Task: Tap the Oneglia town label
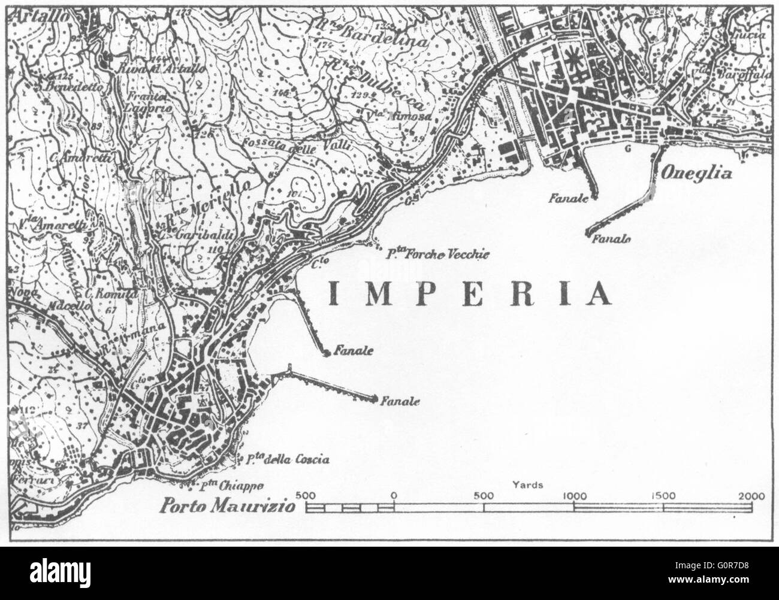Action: (x=697, y=174)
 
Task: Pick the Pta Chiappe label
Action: (x=232, y=485)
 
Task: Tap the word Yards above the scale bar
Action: (x=529, y=484)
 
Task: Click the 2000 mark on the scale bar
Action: (x=751, y=496)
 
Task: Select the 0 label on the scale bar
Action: (x=394, y=496)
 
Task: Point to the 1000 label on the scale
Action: (x=574, y=496)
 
